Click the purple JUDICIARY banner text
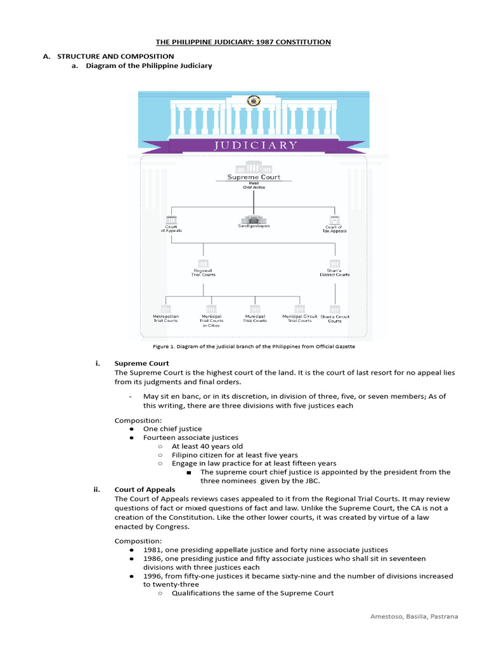[x=255, y=145]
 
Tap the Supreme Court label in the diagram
[x=254, y=177]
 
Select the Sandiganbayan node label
[x=254, y=226]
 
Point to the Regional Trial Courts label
[x=204, y=273]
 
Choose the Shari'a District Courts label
[x=335, y=273]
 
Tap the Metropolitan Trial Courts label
[x=166, y=318]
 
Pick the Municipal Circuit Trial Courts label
[x=300, y=318]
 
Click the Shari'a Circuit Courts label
[x=335, y=318]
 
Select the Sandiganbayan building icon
[x=254, y=216]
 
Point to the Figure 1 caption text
[x=254, y=347]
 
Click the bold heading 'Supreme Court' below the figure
[x=141, y=363]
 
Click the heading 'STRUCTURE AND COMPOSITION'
[x=115, y=56]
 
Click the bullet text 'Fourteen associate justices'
[x=190, y=437]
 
